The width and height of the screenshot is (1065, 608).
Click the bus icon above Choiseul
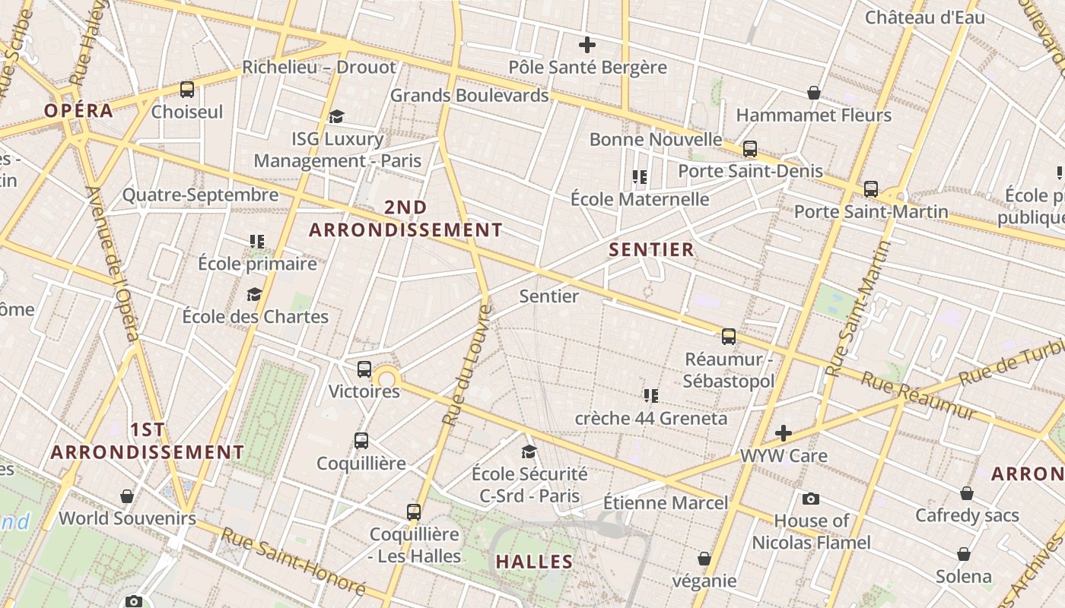coord(187,90)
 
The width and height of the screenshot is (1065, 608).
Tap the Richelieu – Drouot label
coord(319,67)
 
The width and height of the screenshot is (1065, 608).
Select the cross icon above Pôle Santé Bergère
coord(587,45)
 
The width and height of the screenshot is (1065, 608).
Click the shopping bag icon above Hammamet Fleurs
coord(814,93)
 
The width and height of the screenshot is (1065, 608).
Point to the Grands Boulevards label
coord(469,96)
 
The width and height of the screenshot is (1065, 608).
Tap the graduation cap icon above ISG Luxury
coord(337,116)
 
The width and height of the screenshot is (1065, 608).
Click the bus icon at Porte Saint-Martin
coord(871,188)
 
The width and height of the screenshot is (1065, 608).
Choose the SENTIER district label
coord(651,249)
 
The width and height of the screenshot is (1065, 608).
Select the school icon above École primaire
coord(257,242)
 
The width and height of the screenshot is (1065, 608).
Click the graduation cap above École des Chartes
coord(254,294)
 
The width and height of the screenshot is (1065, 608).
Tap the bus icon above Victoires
coord(364,369)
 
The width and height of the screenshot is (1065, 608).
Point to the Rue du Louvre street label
coord(464,365)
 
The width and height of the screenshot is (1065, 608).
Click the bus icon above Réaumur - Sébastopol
coord(729,336)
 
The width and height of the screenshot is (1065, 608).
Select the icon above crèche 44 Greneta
coord(650,395)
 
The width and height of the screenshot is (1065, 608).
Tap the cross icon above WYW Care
coord(784,433)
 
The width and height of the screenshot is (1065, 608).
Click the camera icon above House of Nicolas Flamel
coord(811,499)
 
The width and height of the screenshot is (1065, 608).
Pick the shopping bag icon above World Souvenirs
coord(127,496)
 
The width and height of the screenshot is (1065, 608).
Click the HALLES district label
coord(534,562)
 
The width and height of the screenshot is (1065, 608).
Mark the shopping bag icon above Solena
coord(964,554)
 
